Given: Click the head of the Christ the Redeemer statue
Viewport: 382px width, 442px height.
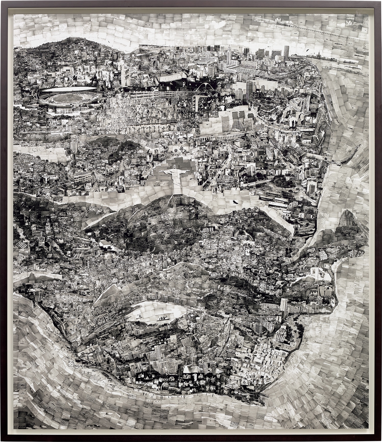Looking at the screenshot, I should click(175, 167).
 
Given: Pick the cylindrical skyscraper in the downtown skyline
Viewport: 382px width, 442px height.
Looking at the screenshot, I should click(286, 53).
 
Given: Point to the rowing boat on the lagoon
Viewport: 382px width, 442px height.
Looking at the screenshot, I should click(162, 318).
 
